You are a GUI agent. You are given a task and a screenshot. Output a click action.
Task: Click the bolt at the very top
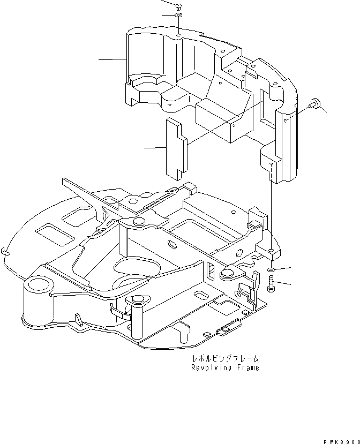tap(178, 6)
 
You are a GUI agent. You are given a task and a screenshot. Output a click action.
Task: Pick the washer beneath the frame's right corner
tap(272, 269)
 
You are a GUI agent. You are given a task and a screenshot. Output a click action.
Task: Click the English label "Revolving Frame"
tap(225, 368)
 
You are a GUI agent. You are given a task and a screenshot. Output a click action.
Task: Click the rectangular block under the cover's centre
tap(219, 121)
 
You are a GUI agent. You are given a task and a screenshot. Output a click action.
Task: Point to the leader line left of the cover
tap(112, 59)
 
